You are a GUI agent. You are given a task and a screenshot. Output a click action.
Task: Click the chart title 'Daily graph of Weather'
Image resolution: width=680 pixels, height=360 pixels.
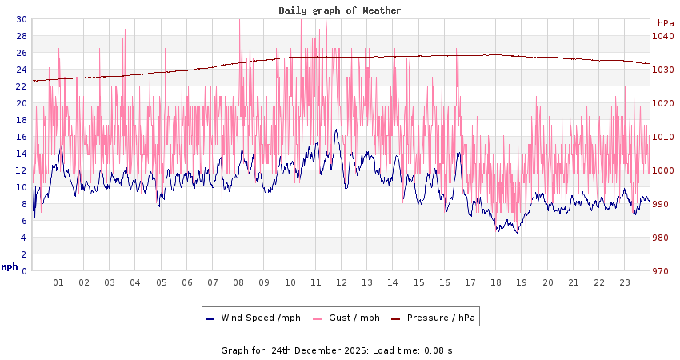(x=340, y=10)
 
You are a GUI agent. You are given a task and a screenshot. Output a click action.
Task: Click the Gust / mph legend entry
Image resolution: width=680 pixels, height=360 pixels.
(x=354, y=318)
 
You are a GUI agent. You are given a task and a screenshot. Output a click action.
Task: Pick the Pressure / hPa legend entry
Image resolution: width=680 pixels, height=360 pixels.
(x=440, y=318)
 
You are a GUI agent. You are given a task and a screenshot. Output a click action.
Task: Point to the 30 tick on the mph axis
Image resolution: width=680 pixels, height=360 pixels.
(x=22, y=19)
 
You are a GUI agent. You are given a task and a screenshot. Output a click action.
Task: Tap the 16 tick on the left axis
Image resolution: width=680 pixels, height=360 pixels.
(x=22, y=137)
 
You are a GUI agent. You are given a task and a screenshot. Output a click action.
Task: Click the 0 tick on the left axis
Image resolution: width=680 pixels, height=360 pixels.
(x=24, y=271)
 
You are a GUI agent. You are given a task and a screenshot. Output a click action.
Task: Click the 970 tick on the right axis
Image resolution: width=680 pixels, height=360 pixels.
(x=662, y=272)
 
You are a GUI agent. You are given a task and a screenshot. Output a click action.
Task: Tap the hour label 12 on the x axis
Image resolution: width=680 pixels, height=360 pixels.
(x=342, y=282)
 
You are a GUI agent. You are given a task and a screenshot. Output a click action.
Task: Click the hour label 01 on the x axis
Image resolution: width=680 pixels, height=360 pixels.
(x=58, y=282)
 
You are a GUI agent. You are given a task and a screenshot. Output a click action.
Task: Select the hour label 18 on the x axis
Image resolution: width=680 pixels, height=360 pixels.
(x=496, y=282)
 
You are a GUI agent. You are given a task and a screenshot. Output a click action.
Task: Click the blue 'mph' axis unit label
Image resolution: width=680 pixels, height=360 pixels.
(x=10, y=266)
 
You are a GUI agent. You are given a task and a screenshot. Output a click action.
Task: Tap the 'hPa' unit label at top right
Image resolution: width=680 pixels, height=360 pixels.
(x=666, y=23)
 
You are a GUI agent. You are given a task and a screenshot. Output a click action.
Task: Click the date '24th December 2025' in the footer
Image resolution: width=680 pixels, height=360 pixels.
(x=320, y=350)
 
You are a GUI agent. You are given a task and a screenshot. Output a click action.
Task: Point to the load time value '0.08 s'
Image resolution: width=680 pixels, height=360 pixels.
(x=437, y=350)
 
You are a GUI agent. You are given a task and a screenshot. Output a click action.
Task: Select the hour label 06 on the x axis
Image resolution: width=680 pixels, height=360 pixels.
(x=187, y=282)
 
